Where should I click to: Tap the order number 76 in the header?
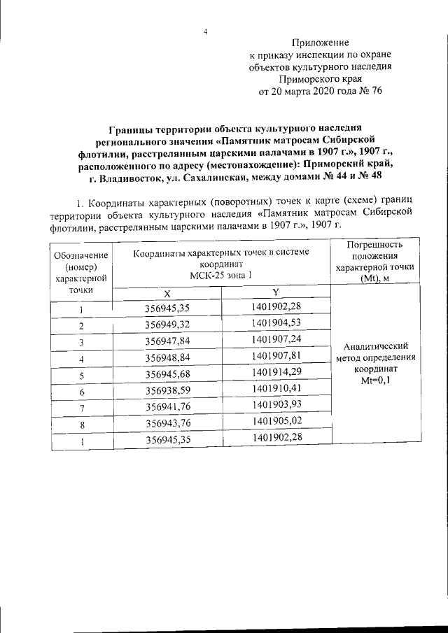[375, 91]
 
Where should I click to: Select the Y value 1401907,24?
[276, 341]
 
